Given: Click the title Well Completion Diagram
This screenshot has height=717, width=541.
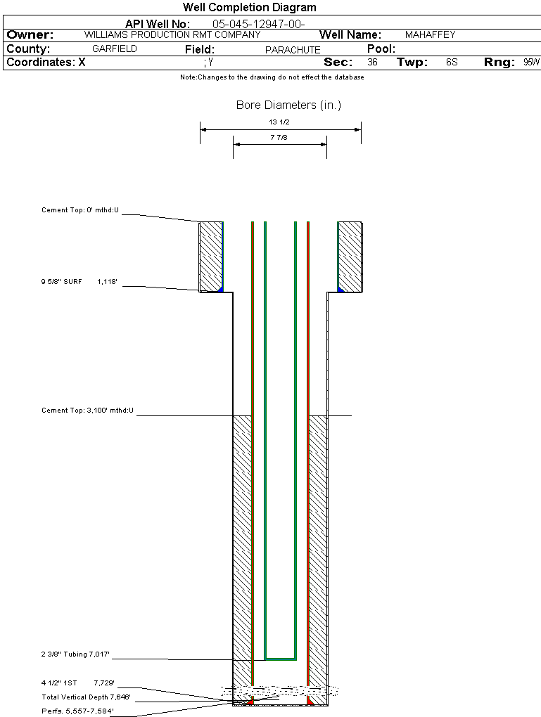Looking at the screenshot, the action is click(250, 7).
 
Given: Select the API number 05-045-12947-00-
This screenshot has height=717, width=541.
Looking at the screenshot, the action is click(259, 24).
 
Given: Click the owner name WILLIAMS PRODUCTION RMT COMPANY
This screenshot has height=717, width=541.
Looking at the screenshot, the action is click(172, 34).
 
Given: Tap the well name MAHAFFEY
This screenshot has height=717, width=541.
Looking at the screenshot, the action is click(431, 34).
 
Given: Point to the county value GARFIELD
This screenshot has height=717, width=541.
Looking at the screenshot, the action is click(115, 49).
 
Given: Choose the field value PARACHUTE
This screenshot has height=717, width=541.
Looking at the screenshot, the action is click(293, 50).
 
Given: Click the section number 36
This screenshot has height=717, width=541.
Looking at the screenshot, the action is click(373, 62).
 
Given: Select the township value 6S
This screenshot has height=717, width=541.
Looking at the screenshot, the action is click(452, 62).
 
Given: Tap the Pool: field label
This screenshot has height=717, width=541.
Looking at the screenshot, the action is click(381, 49).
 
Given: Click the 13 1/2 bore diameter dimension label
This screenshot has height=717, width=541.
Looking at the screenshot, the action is click(279, 122).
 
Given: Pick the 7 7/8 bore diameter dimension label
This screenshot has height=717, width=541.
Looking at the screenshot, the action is click(279, 137).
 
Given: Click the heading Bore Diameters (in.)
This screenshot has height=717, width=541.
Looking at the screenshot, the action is click(289, 105).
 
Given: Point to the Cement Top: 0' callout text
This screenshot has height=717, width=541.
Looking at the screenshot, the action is click(80, 210).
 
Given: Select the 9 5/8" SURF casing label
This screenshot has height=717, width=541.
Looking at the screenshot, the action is click(61, 282).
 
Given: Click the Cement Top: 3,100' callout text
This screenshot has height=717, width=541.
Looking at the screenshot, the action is click(87, 411).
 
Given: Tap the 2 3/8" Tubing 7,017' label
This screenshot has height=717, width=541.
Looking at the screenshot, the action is click(75, 654).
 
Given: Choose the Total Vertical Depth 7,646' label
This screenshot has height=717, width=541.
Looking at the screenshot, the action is click(86, 697).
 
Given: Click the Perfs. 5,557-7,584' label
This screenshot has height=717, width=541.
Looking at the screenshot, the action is click(78, 711).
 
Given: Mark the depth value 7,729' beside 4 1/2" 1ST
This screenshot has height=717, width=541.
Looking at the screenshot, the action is click(104, 683).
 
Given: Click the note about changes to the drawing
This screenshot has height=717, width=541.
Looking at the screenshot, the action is click(272, 77).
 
